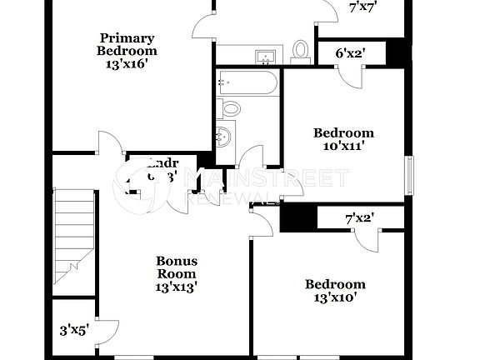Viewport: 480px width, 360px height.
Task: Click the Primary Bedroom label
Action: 127,43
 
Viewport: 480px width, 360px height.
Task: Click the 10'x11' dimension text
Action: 343,146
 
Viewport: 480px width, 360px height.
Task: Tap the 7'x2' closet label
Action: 359,218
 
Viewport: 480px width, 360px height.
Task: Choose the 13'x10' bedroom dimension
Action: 339,297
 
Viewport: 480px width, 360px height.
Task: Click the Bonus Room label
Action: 177,267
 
